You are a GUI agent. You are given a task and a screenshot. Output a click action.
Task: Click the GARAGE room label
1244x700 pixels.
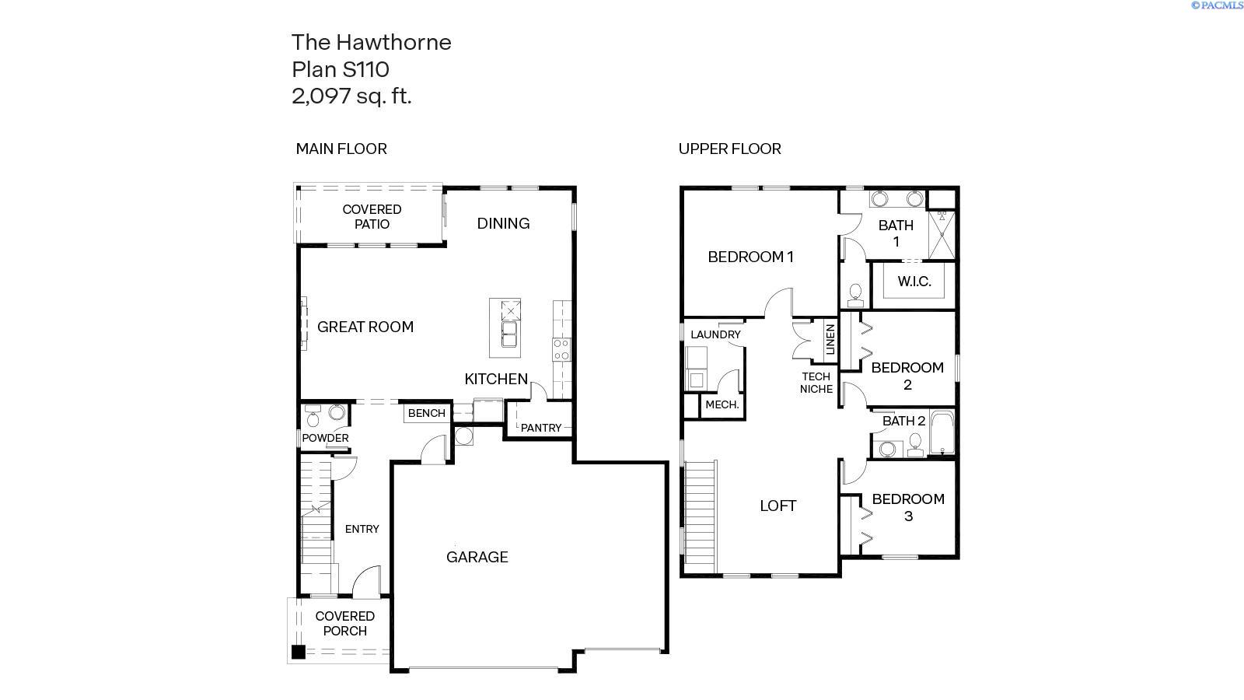coord(477,557)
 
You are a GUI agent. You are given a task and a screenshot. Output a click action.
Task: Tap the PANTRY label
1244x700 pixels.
coord(541,428)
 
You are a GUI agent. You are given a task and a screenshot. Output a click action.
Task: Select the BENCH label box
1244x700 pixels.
coord(427,413)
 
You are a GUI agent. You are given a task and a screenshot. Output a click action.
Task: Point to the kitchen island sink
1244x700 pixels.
coord(509,334)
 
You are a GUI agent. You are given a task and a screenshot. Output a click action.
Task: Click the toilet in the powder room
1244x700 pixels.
coord(313,416)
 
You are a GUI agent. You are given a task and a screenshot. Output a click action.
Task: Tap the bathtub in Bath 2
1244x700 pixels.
coord(942,432)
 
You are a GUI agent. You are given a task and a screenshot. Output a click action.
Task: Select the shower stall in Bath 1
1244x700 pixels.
coord(942,234)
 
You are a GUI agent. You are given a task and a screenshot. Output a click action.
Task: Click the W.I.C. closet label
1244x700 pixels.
coord(914,281)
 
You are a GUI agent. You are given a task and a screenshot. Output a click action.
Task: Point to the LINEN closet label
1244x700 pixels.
coord(830,339)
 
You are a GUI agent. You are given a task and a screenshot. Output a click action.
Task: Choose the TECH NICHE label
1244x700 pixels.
coord(816,383)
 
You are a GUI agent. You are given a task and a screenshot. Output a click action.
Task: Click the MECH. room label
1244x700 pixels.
coord(722,404)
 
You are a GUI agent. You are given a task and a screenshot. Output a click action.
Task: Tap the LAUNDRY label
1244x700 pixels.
coord(715,334)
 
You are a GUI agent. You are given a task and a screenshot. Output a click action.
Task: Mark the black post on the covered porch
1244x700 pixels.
coord(299,652)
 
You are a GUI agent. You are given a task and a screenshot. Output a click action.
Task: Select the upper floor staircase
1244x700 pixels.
coord(701,516)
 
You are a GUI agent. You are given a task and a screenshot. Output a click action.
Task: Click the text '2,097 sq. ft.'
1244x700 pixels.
coord(351,96)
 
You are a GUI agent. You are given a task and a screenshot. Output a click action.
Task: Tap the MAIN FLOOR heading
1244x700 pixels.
coord(341,149)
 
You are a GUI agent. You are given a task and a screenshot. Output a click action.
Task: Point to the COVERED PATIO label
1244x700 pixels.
coord(372,217)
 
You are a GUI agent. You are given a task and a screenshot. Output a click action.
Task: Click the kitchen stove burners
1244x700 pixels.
coord(561,349)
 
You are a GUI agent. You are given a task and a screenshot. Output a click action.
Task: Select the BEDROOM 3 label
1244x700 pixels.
coord(908,507)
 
